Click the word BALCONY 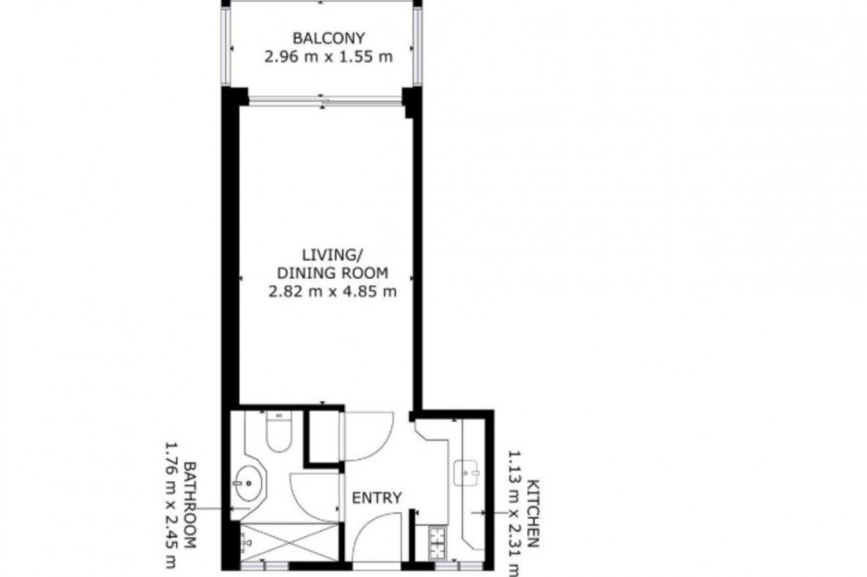click(329, 39)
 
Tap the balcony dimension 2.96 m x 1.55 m click(329, 57)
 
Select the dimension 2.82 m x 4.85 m click(332, 291)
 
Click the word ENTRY click(377, 498)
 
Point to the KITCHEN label click(533, 514)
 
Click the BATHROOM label click(190, 504)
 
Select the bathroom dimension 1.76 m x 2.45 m click(172, 504)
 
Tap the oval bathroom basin click(249, 483)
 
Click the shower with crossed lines click(290, 543)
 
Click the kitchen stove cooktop click(438, 543)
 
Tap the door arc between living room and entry click(376, 445)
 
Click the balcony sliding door click(325, 101)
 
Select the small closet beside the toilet click(323, 436)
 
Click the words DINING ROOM click(332, 273)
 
